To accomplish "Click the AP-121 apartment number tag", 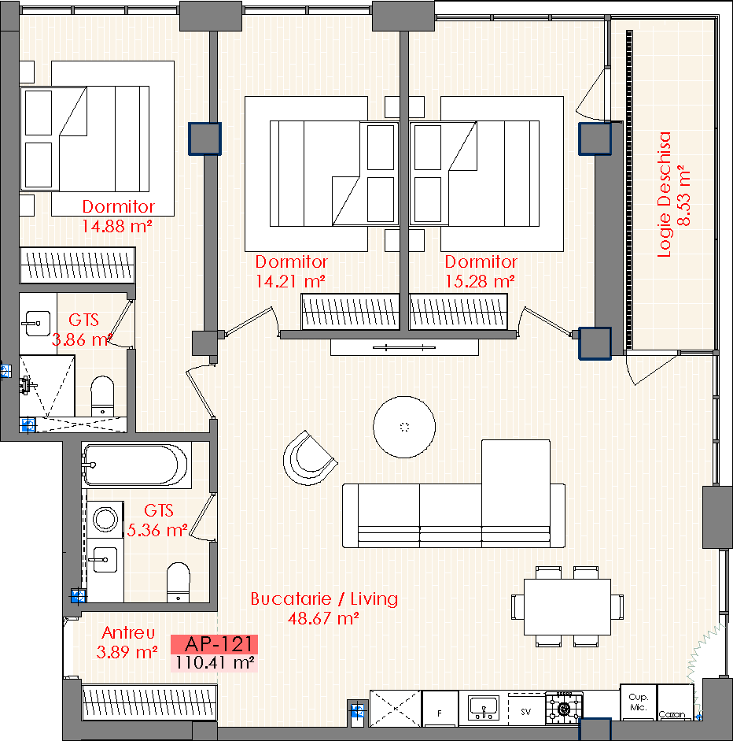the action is click(214, 643).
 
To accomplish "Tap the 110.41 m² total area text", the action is click(215, 662).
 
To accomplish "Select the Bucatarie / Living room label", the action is click(324, 598).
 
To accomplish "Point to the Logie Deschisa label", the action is click(664, 195).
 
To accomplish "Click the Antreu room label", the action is click(128, 632).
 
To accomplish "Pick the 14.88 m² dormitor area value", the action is click(117, 226).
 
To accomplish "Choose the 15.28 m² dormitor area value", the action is click(480, 282).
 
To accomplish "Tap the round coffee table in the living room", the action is click(404, 428).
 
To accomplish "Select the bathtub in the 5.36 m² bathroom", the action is click(136, 465).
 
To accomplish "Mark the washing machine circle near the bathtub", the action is click(105, 519).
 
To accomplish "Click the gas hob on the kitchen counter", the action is click(564, 708).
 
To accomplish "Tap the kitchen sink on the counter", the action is click(484, 708).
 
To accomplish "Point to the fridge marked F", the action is click(440, 709).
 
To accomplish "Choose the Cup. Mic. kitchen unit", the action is click(638, 702).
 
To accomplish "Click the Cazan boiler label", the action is click(672, 714).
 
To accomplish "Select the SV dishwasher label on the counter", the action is click(526, 712).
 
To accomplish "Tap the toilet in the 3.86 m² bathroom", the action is click(102, 396).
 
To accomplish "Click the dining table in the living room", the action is click(567, 607).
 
